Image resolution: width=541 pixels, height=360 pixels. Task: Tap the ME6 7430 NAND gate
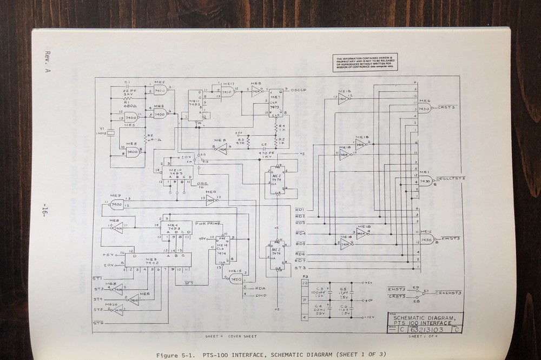(424, 109)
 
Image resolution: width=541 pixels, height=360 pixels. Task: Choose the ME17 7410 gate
(226, 92)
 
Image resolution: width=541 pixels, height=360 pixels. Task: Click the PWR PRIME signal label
(208, 223)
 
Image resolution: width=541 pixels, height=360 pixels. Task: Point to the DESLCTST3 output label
(451, 178)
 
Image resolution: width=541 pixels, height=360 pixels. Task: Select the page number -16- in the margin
(45, 208)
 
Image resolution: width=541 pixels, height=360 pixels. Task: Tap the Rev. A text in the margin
(45, 60)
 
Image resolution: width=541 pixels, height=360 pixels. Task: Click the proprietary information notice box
(366, 63)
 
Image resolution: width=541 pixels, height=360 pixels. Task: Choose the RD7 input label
(300, 261)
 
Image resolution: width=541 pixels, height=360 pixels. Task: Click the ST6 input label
(98, 323)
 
